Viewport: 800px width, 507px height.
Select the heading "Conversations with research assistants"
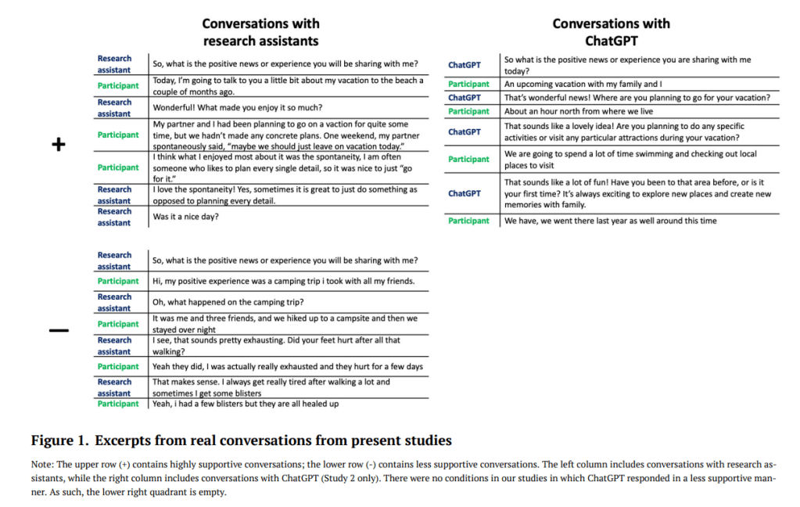point(260,32)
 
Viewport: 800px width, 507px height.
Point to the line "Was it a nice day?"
point(186,217)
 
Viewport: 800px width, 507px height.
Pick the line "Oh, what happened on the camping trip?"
point(228,303)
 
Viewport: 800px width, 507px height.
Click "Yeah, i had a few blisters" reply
point(246,404)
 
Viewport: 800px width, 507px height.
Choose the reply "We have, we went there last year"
point(610,221)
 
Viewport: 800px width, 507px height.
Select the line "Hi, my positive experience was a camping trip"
point(283,281)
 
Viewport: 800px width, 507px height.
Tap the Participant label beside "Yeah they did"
point(118,366)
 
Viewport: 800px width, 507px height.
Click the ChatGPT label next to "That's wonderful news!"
point(465,98)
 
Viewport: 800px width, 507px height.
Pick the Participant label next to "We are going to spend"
point(468,159)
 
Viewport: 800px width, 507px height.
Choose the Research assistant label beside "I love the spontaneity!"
point(114,195)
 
